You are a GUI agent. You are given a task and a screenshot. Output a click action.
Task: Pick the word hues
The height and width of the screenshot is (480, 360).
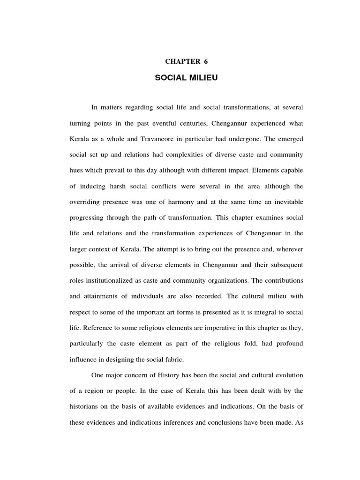pos(77,171)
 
